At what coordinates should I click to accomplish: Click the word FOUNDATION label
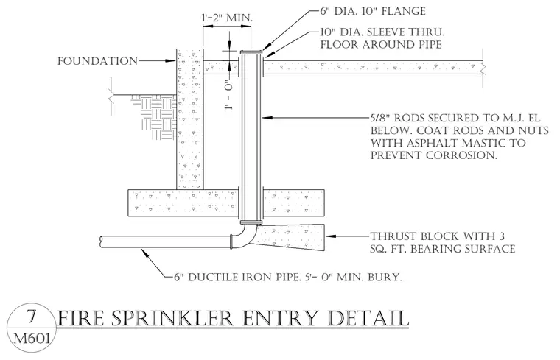click(97, 61)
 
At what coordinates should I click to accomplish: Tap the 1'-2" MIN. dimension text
click(227, 18)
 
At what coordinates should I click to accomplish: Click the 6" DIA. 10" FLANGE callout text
click(373, 11)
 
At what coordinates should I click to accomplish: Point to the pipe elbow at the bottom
click(246, 239)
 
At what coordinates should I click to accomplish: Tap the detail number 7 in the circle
click(32, 316)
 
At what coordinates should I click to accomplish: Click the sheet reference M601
click(32, 338)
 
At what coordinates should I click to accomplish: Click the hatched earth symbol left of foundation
click(153, 117)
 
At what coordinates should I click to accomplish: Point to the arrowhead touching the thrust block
click(329, 236)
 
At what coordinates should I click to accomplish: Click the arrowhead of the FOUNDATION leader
click(172, 61)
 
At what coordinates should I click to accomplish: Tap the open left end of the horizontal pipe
click(102, 241)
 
